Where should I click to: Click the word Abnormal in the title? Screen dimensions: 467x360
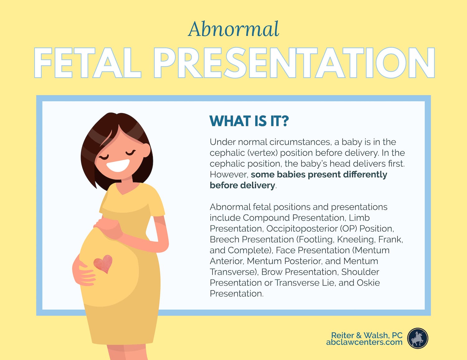click(233, 29)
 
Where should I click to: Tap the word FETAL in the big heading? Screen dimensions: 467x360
click(87, 63)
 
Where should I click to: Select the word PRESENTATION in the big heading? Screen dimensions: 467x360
click(294, 63)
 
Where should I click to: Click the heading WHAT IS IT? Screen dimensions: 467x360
click(249, 121)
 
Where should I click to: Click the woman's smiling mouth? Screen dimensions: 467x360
click(118, 165)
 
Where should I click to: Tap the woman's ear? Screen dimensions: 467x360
click(147, 150)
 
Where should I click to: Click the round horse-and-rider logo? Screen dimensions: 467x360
click(417, 338)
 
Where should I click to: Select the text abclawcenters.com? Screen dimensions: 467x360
click(364, 342)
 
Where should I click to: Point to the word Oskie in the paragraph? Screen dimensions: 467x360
click(368, 283)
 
